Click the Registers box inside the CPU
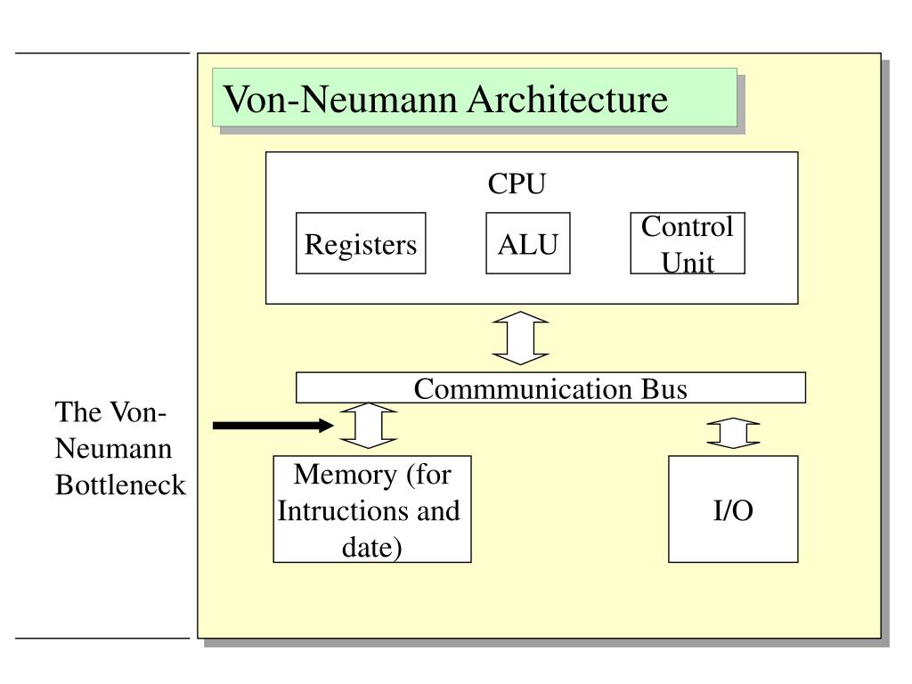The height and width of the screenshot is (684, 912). pyautogui.click(x=361, y=243)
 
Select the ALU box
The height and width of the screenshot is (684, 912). pyautogui.click(x=527, y=243)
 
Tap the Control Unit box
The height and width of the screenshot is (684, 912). pyautogui.click(x=688, y=243)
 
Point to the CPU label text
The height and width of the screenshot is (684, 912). pyautogui.click(x=517, y=183)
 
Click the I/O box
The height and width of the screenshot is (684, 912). pyautogui.click(x=733, y=509)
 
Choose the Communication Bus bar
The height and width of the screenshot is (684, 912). pyautogui.click(x=550, y=387)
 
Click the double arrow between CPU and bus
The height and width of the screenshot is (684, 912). pyautogui.click(x=520, y=338)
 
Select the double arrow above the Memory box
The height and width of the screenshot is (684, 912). pyautogui.click(x=369, y=425)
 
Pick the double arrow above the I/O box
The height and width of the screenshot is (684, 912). pyautogui.click(x=733, y=434)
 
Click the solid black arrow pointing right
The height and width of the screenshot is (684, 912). pyautogui.click(x=273, y=425)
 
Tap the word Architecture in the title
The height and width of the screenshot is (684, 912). pyautogui.click(x=567, y=99)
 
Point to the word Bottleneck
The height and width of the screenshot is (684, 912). pyautogui.click(x=120, y=484)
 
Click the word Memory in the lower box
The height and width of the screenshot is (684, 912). pyautogui.click(x=346, y=475)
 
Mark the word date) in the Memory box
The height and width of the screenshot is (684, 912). pyautogui.click(x=371, y=548)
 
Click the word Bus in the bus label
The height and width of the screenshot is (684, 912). pyautogui.click(x=664, y=388)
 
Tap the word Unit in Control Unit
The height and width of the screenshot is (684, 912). pyautogui.click(x=688, y=263)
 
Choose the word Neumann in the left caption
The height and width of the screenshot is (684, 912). pyautogui.click(x=113, y=449)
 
